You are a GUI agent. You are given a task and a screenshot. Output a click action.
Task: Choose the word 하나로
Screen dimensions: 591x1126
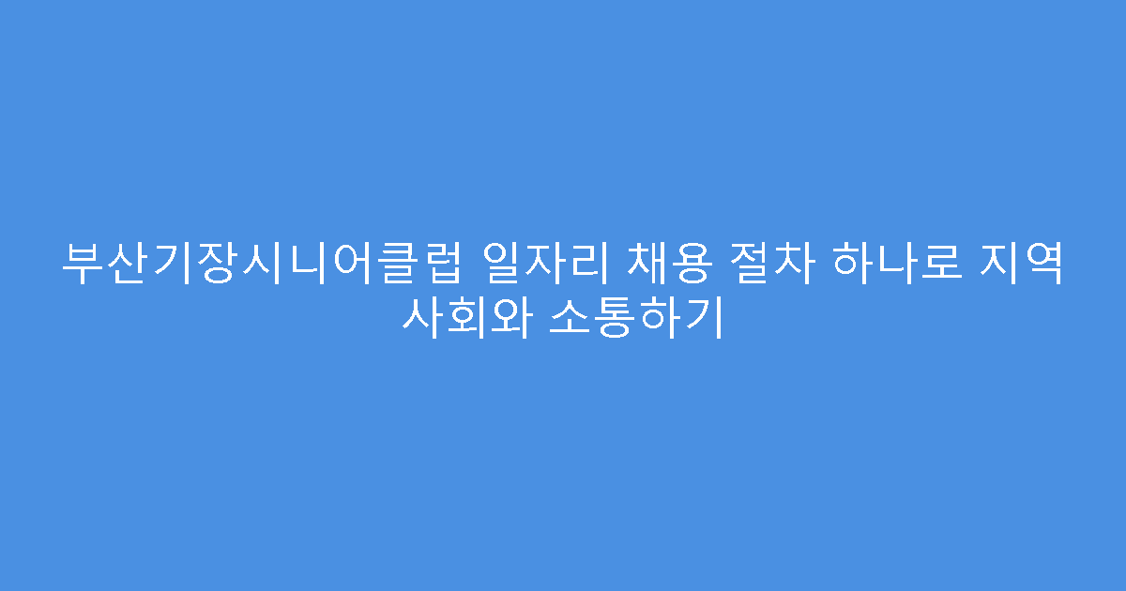[887, 264]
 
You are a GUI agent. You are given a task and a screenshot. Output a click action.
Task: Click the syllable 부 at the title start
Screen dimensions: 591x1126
[82, 264]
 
